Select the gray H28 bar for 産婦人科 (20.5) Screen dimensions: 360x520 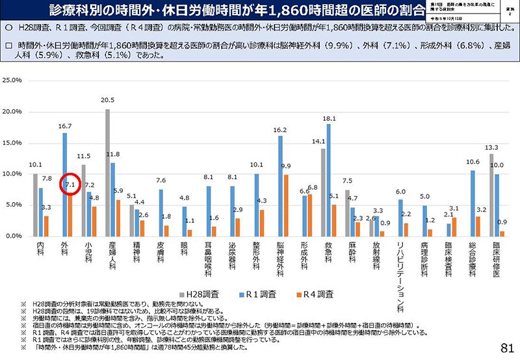(x=107, y=172)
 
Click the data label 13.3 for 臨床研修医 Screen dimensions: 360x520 (x=491, y=148)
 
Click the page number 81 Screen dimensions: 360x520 (x=508, y=348)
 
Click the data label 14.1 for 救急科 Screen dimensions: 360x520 (x=318, y=142)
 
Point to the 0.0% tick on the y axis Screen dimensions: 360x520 (x=15, y=236)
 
